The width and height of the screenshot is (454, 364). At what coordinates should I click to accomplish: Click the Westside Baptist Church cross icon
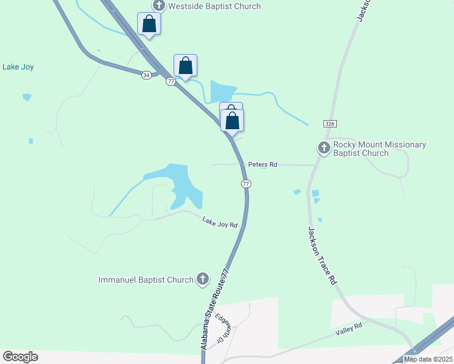(159, 6)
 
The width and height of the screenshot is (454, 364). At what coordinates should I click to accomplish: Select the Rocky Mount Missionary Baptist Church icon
(324, 147)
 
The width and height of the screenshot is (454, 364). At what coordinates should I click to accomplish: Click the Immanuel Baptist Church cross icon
(203, 279)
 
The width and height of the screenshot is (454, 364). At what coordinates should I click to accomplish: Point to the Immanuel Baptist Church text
(146, 280)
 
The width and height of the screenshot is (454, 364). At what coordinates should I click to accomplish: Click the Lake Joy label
(18, 67)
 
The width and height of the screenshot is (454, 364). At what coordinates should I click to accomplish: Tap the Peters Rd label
(262, 164)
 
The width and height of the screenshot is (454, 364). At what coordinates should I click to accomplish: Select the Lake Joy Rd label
(220, 224)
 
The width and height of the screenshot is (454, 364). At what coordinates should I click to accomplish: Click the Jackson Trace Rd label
(321, 255)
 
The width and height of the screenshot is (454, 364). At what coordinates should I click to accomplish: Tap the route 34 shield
(146, 75)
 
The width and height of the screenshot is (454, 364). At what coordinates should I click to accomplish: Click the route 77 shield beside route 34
(171, 81)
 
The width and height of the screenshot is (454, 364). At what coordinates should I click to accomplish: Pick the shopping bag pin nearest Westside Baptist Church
(149, 24)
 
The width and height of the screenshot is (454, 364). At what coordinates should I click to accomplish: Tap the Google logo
(20, 357)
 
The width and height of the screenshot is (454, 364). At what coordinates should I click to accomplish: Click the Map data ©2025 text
(428, 359)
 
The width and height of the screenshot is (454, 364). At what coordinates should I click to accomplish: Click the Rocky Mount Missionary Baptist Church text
(371, 149)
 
